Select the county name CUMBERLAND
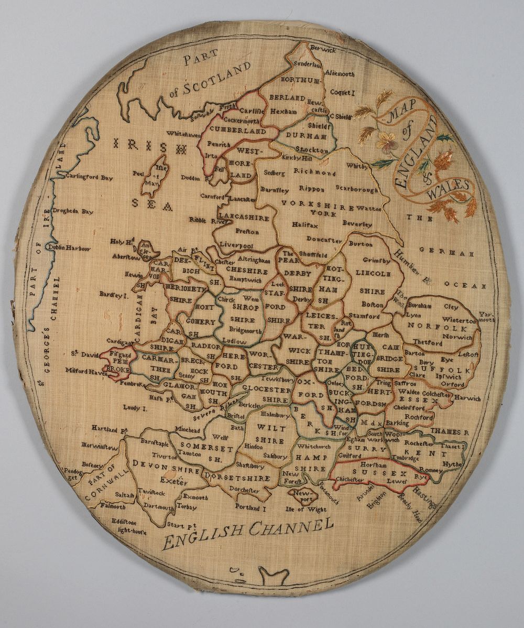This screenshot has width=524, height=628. coord(237,129)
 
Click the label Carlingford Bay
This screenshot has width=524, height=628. coord(89,178)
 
